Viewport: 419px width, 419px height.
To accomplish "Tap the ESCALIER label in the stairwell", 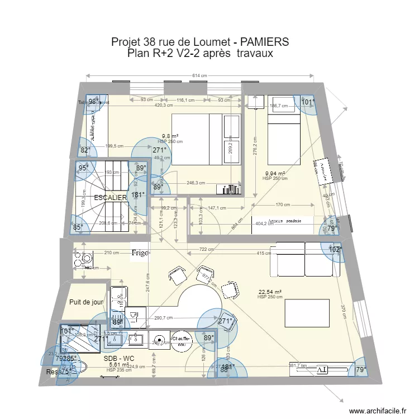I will (x=110, y=198).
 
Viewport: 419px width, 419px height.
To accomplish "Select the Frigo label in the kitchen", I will (x=140, y=253).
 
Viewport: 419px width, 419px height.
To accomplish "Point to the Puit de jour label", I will (x=87, y=302).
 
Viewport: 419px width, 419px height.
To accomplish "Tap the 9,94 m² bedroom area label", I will (x=275, y=174).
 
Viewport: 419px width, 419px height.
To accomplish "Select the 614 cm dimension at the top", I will (x=199, y=76).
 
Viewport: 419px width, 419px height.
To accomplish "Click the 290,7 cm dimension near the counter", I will (x=164, y=318).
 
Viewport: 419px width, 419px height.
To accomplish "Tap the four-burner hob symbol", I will (x=87, y=259).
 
